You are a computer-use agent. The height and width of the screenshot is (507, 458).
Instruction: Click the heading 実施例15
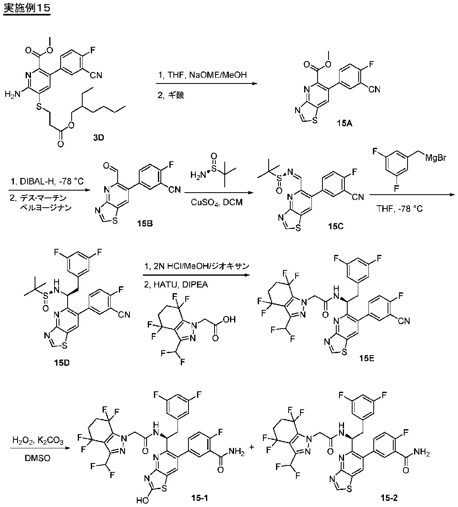27,8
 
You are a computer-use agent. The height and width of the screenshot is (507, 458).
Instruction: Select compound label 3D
99,138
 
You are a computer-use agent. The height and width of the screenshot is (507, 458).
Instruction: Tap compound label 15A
344,123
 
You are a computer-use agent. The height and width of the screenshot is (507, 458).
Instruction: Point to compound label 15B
145,224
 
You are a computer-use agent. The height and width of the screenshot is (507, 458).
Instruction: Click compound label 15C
336,226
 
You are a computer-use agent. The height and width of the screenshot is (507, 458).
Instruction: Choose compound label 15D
62,363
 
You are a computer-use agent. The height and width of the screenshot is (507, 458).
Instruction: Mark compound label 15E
367,358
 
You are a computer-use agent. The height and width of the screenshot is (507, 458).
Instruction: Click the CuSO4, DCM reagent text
217,202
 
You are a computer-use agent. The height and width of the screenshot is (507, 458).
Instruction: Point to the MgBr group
436,158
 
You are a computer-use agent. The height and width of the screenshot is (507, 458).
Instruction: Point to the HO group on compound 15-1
142,500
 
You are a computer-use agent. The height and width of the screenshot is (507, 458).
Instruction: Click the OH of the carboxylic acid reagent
230,319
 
